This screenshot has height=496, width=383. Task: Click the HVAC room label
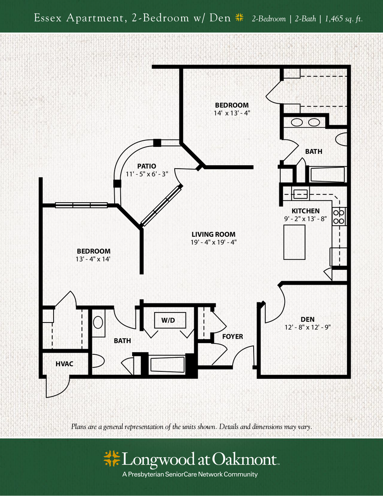pos(64,364)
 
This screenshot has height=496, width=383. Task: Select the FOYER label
pos(232,336)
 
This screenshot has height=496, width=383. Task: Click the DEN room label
pos(308,319)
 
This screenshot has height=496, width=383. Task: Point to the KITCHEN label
pos(305,211)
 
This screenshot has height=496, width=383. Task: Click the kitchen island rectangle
pos(295,242)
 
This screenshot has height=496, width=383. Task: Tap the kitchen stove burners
pos(339,217)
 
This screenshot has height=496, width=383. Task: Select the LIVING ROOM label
pos(214,234)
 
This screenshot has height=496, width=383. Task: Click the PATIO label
pos(147,166)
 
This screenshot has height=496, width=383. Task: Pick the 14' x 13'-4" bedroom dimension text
pos(232,113)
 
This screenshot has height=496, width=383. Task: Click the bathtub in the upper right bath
pos(327,175)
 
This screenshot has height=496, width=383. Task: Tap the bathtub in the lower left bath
pos(167,364)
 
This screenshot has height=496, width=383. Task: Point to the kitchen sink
pos(300,194)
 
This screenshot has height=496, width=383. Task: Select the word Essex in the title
pos(48,18)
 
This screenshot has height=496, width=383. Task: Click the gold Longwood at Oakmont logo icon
pos(112,459)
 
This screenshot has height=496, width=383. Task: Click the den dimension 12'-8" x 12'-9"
pos(308,327)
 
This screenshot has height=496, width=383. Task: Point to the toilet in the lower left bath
pos(98,361)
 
